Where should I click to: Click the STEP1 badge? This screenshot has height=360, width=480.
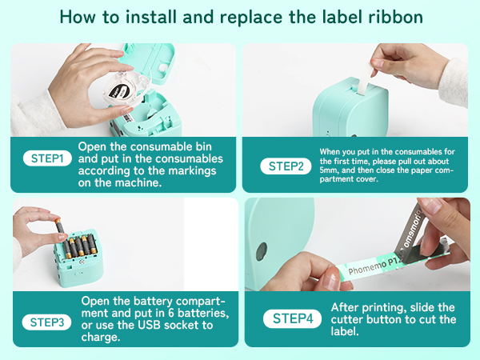[47, 158]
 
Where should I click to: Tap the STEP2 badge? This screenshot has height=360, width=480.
[286, 166]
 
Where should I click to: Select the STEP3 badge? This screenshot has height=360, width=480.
[47, 322]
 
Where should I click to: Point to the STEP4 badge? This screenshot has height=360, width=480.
[292, 318]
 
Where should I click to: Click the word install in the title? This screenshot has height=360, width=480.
[151, 17]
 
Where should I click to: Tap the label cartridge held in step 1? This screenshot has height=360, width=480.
[126, 89]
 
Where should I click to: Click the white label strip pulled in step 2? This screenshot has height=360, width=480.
[364, 78]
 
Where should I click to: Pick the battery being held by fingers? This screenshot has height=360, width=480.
[60, 227]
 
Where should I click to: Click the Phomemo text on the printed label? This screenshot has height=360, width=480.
[367, 267]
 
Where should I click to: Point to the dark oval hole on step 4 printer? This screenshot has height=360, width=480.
[262, 251]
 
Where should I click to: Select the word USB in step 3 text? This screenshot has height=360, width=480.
[150, 325]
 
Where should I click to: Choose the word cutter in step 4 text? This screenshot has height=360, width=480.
[347, 319]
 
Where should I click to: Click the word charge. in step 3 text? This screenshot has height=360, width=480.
[101, 337]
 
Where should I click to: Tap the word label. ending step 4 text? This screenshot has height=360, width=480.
[345, 331]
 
